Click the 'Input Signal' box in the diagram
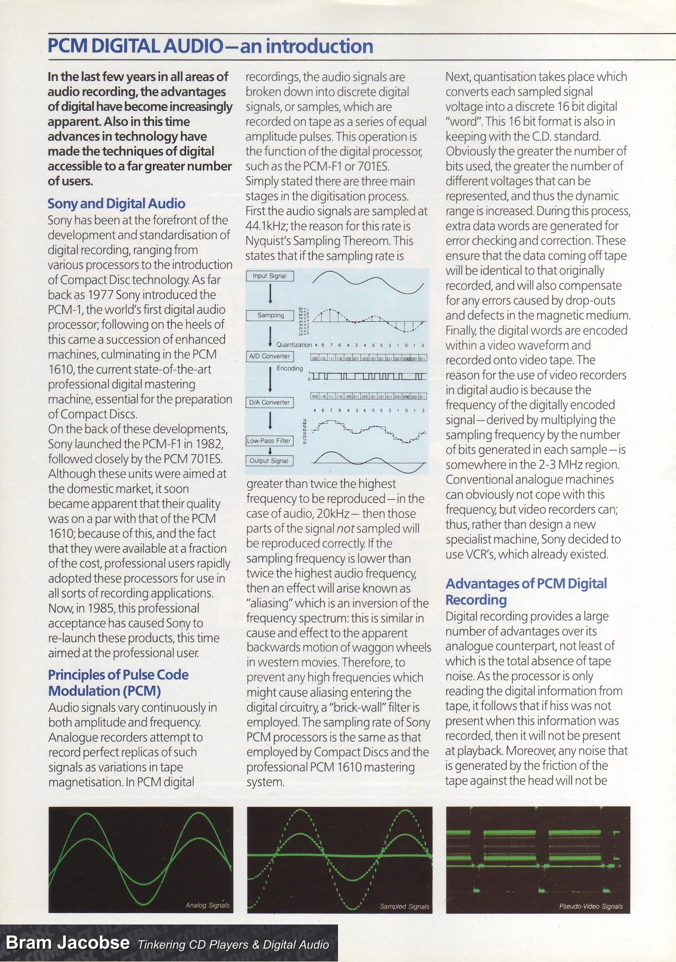[269, 276]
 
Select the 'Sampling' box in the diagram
[270, 315]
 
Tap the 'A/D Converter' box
[269, 356]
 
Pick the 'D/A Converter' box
[269, 402]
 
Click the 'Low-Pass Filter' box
[269, 441]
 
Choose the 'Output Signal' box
[269, 461]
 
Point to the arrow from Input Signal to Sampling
[270, 294]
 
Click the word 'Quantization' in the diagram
[294, 345]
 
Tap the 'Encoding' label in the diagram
[289, 368]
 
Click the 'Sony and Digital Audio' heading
[116, 203]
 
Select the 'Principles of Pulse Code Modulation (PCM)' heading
[118, 683]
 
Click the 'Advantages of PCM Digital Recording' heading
[525, 591]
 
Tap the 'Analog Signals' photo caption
[208, 905]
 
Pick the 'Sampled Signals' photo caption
[405, 907]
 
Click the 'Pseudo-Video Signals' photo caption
[590, 907]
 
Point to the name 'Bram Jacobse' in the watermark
[68, 942]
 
